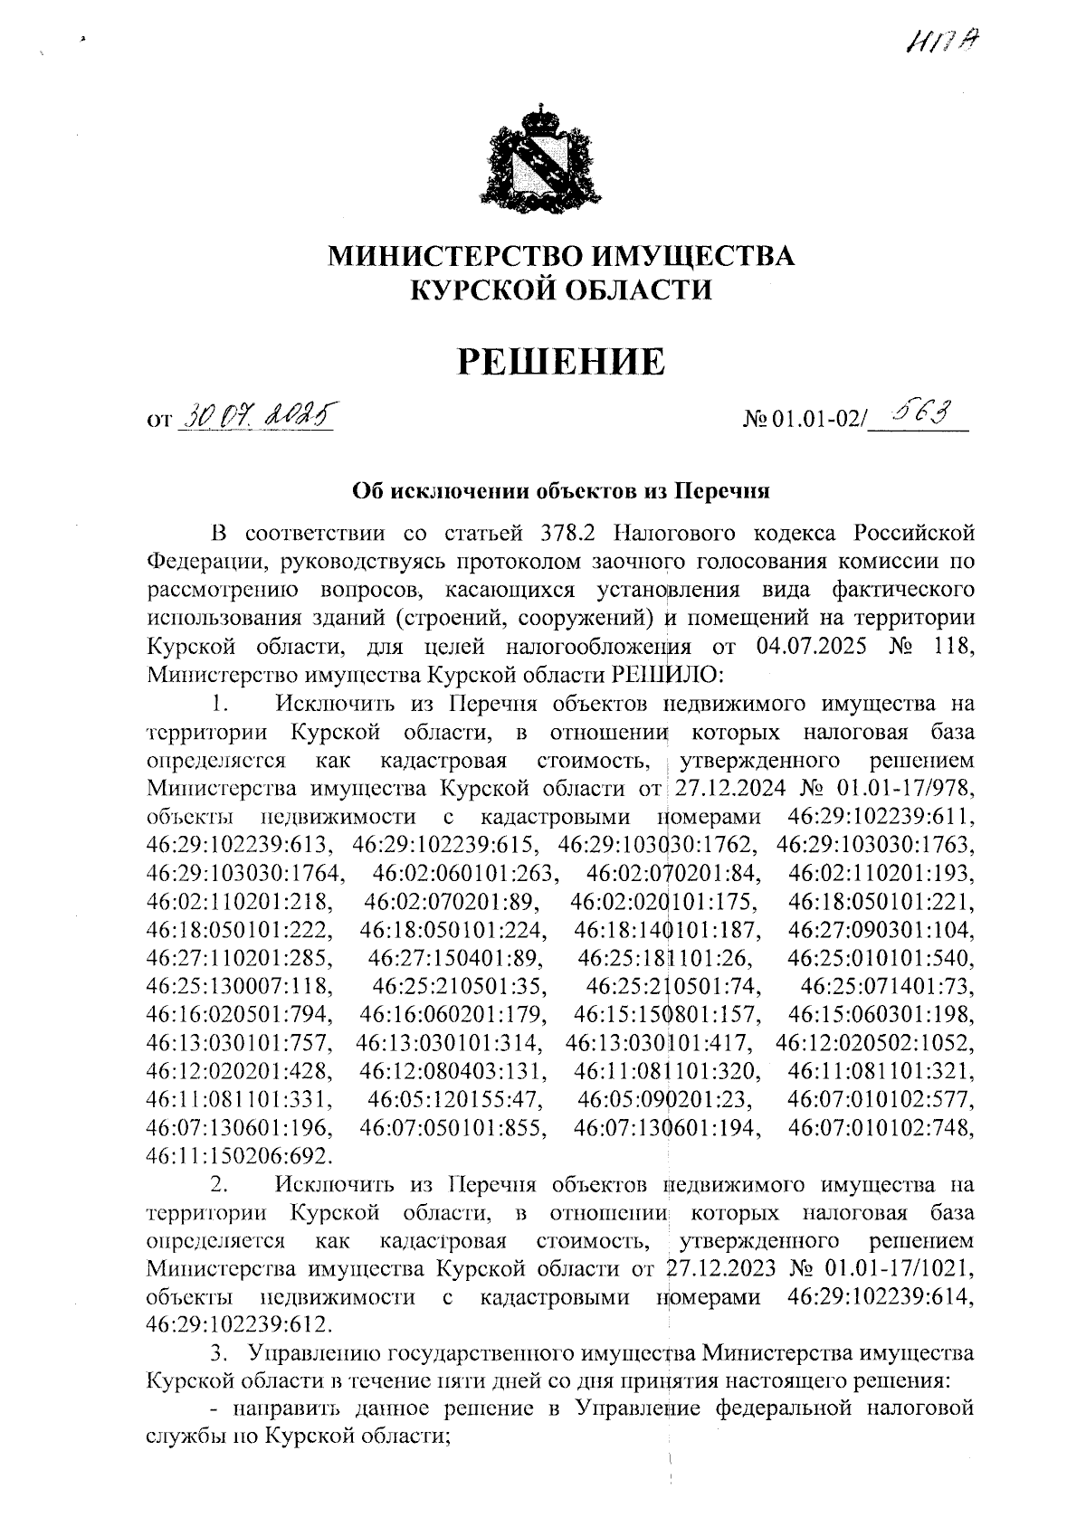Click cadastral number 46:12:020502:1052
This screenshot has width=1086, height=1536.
click(876, 1043)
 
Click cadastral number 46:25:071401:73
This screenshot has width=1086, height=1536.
click(890, 986)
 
